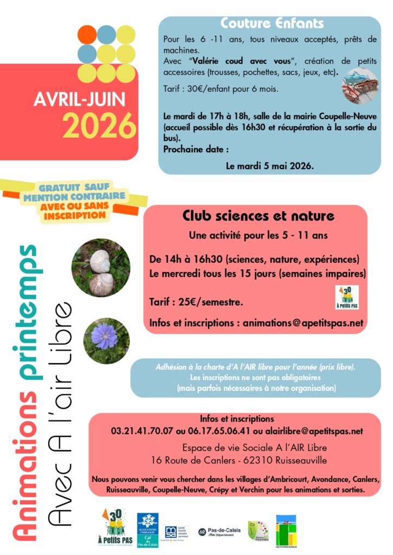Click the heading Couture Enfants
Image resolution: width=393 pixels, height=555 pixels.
click(x=272, y=24)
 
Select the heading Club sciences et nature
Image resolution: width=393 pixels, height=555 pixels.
click(x=258, y=217)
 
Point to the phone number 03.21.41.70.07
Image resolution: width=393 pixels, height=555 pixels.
click(x=138, y=431)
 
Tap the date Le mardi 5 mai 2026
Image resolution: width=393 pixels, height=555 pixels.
click(x=270, y=166)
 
